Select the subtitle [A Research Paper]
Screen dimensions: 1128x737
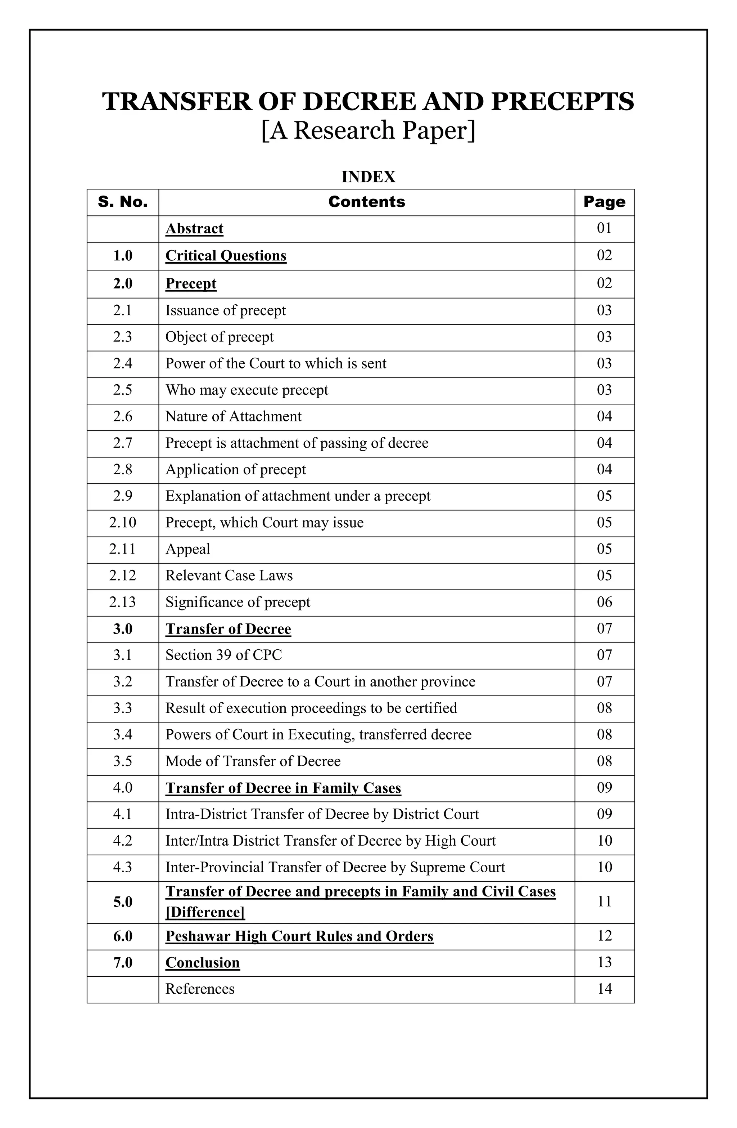point(368,130)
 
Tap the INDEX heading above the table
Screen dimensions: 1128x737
point(368,177)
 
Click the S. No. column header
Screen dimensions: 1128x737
point(123,202)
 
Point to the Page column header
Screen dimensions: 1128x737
point(604,202)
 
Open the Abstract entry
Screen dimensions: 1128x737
point(194,228)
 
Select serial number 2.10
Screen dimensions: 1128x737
point(123,522)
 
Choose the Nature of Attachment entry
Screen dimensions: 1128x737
point(233,416)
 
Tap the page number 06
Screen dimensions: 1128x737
point(604,602)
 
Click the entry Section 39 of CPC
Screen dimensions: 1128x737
point(223,655)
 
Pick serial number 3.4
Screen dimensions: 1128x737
point(123,735)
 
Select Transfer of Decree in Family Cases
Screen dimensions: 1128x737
point(283,788)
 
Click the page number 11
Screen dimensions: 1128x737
point(604,901)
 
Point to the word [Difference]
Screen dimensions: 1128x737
point(205,912)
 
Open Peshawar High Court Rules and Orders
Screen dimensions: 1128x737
point(299,936)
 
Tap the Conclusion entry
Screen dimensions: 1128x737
point(202,963)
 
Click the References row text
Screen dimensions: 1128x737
point(199,989)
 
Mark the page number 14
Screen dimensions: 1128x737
point(604,989)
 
